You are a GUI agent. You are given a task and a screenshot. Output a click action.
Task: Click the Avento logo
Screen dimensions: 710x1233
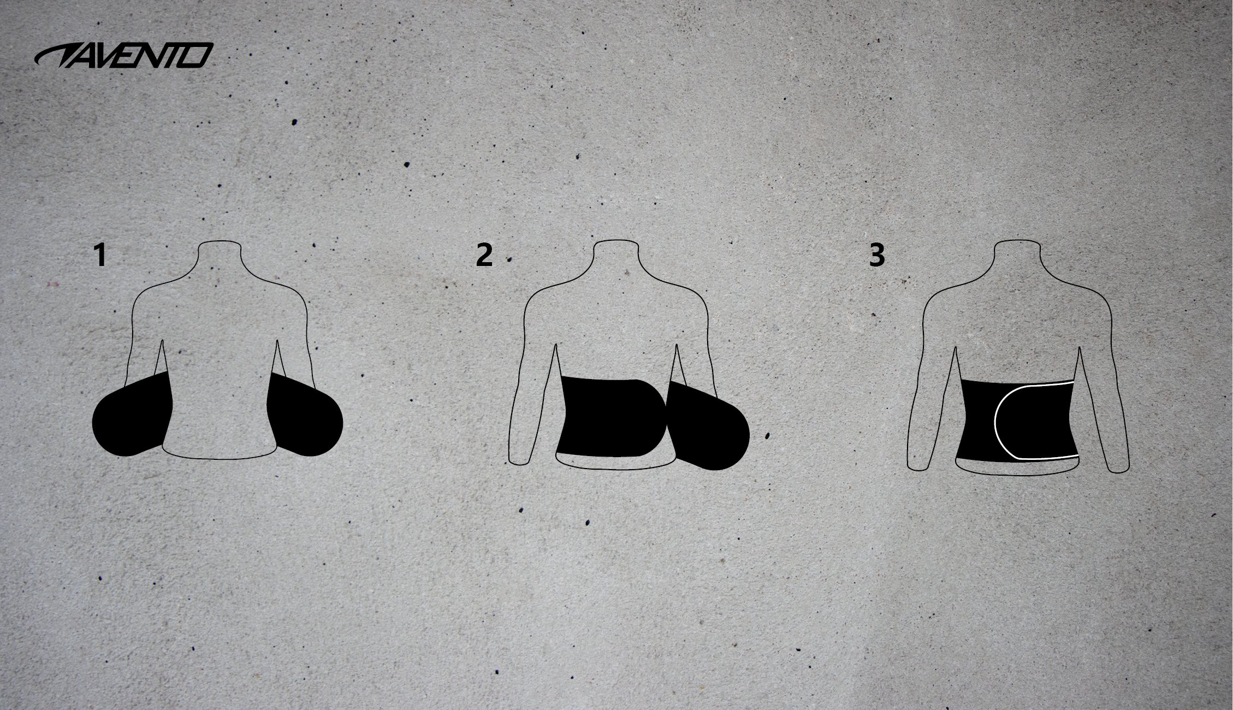point(123,55)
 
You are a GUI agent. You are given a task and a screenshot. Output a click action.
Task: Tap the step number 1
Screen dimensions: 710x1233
point(100,256)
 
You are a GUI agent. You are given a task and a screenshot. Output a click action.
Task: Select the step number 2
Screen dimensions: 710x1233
point(484,255)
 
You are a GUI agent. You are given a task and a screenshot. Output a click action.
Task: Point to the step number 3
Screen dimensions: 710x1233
point(876,255)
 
